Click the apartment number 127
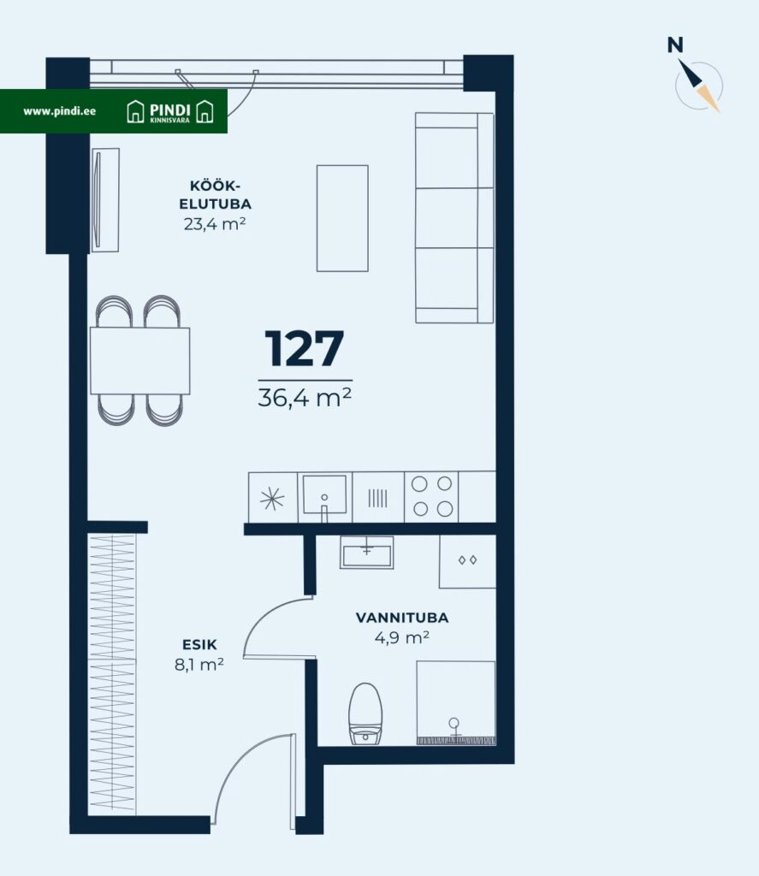pyautogui.click(x=304, y=348)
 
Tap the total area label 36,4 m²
pyautogui.click(x=305, y=397)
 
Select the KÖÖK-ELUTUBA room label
pyautogui.click(x=215, y=195)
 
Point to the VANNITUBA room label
pyautogui.click(x=402, y=618)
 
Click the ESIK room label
pyautogui.click(x=199, y=645)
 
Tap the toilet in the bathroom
pyautogui.click(x=365, y=713)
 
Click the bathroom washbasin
pyautogui.click(x=366, y=552)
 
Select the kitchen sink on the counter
pyautogui.click(x=324, y=494)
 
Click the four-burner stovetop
pyautogui.click(x=431, y=496)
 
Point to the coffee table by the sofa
pyautogui.click(x=342, y=218)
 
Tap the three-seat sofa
pyautogui.click(x=454, y=218)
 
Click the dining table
pyautogui.click(x=139, y=361)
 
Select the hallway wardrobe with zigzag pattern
pyautogui.click(x=112, y=673)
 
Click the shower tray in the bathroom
pyautogui.click(x=456, y=703)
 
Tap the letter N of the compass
pyautogui.click(x=675, y=44)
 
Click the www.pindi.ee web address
pyautogui.click(x=59, y=111)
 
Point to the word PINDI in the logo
pyautogui.click(x=170, y=109)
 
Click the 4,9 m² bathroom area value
pyautogui.click(x=402, y=637)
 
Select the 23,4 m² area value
pyautogui.click(x=215, y=224)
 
